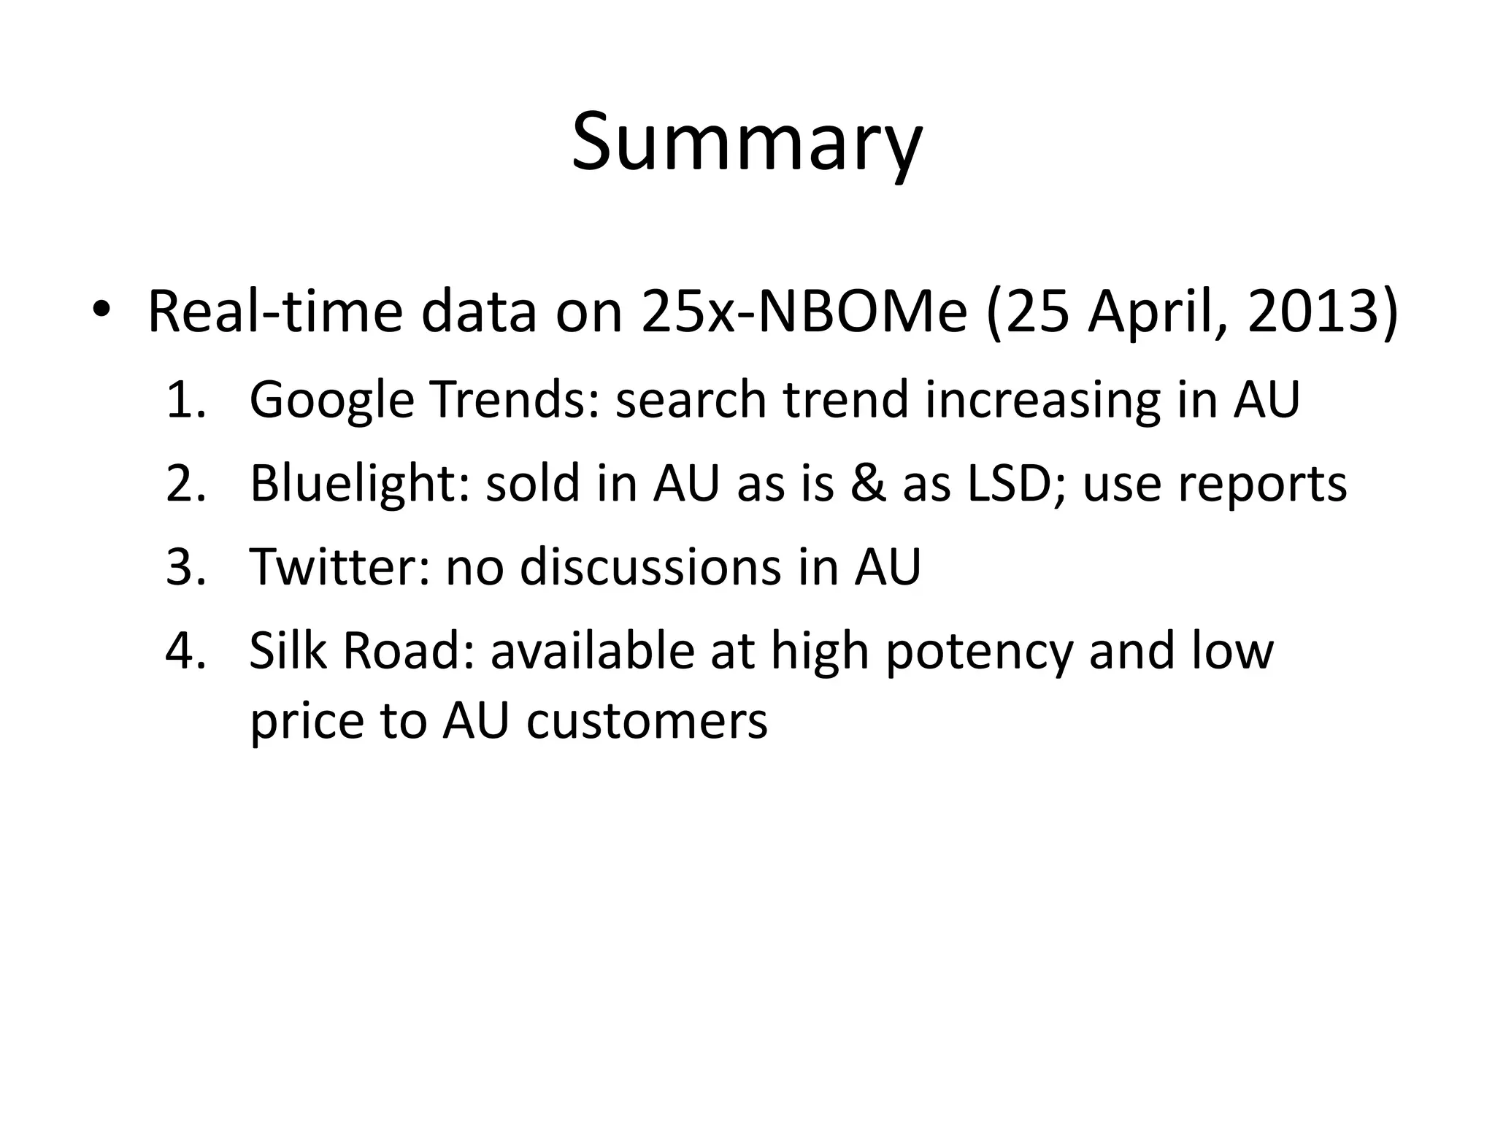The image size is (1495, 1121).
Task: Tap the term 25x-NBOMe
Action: click(804, 312)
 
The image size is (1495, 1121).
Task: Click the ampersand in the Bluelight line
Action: click(867, 484)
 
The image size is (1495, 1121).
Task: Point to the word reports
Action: click(1215, 485)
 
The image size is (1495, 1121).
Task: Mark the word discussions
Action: click(649, 567)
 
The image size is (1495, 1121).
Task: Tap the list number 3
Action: click(185, 567)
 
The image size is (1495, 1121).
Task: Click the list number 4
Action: click(185, 650)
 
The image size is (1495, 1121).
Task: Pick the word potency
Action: click(978, 652)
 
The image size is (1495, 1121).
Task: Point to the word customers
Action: click(647, 720)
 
